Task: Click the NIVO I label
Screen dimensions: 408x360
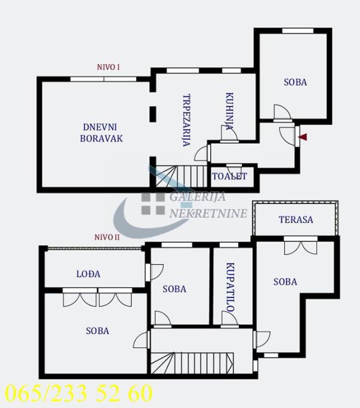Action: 109,67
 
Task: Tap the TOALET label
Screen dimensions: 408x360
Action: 229,176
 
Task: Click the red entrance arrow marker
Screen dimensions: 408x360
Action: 302,137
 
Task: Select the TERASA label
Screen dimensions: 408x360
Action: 296,220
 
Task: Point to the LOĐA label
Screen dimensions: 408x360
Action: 88,274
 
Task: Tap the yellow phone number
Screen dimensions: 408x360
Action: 78,394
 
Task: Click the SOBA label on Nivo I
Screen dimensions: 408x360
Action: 295,82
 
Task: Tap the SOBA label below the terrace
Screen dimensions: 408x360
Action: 285,281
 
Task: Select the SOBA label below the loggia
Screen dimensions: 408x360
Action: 97,331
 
